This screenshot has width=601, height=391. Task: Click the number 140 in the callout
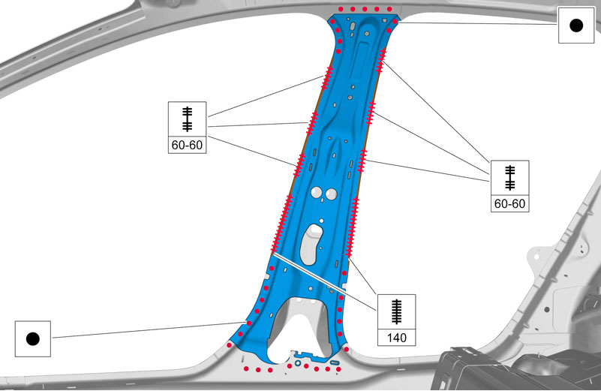(396, 338)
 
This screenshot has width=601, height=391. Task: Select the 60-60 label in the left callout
(187, 145)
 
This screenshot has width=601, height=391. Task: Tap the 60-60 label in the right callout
(509, 203)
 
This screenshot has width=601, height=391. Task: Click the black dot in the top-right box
(576, 26)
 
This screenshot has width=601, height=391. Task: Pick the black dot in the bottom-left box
(32, 339)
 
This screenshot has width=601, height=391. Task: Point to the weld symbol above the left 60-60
(187, 119)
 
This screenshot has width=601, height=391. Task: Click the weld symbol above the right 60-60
(509, 177)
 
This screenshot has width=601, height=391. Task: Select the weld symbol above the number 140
(396, 311)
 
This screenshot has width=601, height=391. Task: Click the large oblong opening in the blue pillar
(312, 244)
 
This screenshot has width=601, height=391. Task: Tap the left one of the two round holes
(316, 192)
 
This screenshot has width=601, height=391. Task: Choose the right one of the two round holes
(330, 194)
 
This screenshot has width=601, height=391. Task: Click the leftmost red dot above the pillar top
(341, 9)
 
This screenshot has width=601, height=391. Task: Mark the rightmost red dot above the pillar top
(389, 9)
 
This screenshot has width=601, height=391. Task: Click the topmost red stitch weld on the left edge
(327, 78)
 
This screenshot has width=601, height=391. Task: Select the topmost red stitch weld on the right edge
(381, 61)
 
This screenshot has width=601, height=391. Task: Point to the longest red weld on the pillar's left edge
(281, 224)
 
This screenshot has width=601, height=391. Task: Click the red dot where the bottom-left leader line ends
(249, 323)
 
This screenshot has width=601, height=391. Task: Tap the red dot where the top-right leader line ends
(395, 22)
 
